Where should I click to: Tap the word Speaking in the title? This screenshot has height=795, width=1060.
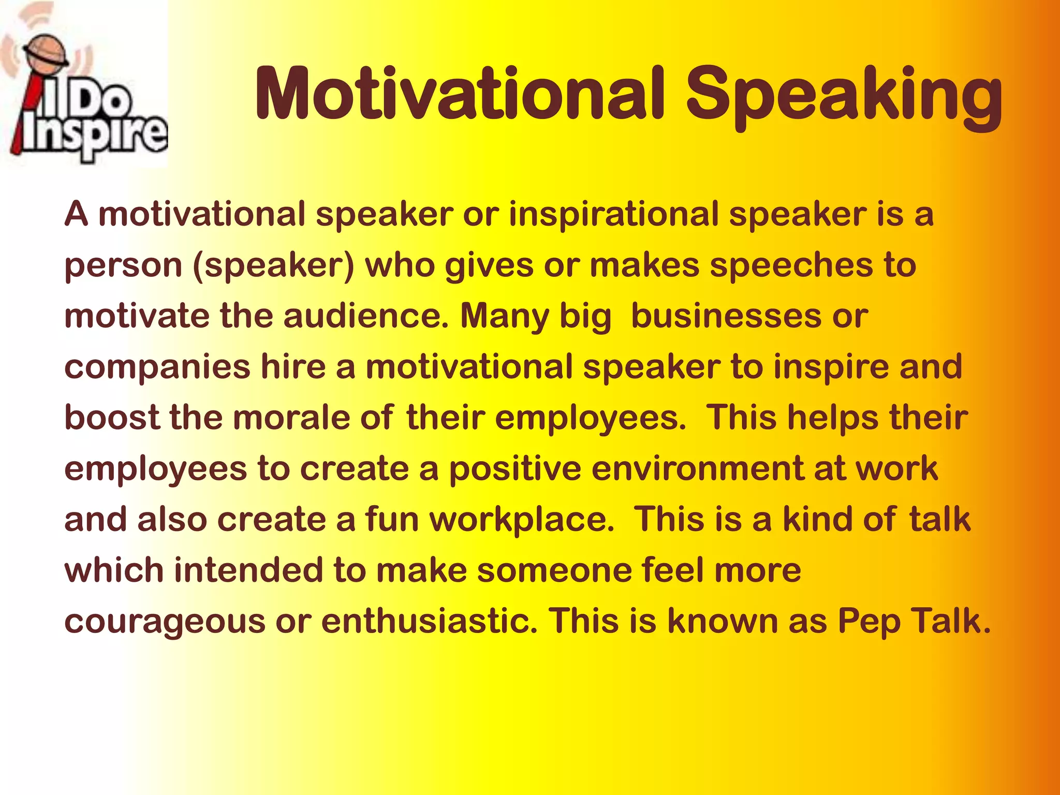click(844, 96)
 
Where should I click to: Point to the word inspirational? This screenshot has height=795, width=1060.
click(613, 214)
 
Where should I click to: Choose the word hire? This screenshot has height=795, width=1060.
click(293, 366)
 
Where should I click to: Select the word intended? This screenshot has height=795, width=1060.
click(248, 570)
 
